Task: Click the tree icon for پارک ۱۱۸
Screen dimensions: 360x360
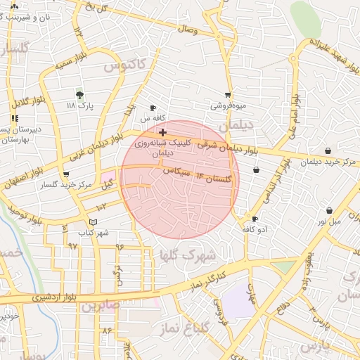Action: point(79,96)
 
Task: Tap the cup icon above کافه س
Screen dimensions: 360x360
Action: point(153,108)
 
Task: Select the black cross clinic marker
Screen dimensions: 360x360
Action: point(162,131)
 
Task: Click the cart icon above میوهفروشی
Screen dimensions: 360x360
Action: point(227,95)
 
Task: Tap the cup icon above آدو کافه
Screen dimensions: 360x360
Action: point(255,219)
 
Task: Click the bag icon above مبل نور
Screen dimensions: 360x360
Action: point(329,210)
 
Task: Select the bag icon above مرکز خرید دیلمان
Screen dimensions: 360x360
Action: point(328,150)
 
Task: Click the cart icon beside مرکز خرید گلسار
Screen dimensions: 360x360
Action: point(66,174)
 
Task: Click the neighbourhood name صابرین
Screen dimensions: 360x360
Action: point(99,307)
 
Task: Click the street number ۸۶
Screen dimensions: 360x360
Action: point(107,330)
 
